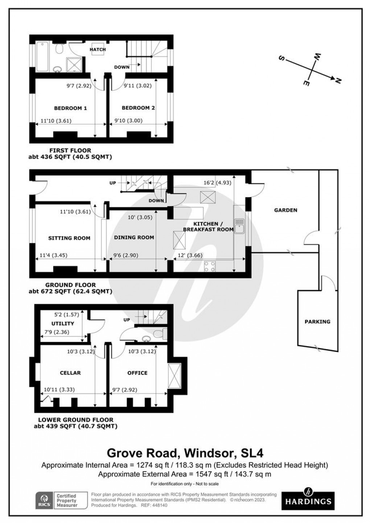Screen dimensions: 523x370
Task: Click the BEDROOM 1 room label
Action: click(70, 108)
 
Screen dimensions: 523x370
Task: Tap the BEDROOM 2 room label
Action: click(138, 108)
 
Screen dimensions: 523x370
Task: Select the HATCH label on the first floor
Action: click(98, 49)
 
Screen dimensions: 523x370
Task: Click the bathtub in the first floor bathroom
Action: click(43, 57)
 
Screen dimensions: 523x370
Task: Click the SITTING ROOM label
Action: click(69, 238)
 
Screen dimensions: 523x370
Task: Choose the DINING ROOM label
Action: click(134, 237)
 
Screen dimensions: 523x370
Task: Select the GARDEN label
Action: click(285, 210)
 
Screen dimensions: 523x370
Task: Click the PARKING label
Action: click(317, 322)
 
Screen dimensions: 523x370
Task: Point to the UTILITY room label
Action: click(63, 323)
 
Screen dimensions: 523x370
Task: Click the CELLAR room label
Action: click(70, 373)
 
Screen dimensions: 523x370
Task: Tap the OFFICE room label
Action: click(137, 373)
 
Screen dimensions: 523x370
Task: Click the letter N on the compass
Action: click(338, 81)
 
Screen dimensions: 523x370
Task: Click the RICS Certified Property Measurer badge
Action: click(61, 500)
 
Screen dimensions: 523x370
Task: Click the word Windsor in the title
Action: click(207, 453)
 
